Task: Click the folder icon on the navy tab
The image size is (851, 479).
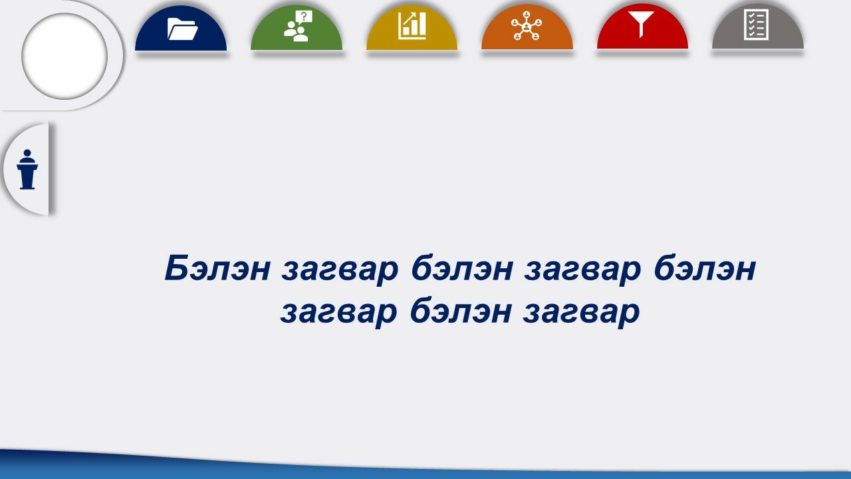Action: pos(182,29)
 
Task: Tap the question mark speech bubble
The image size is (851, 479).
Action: pos(304,17)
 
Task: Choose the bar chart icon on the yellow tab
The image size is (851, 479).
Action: pos(412,25)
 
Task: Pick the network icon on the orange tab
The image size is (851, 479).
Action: pos(527,26)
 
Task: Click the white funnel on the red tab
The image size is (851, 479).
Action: pos(641,24)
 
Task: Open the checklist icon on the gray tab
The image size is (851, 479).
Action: pos(756,25)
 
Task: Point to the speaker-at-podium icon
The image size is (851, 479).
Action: pos(27,169)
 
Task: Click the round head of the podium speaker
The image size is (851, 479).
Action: pos(27,153)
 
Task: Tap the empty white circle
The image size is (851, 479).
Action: pos(64,57)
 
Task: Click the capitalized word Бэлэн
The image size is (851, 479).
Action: pos(217,268)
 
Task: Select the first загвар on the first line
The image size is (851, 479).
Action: pos(340,271)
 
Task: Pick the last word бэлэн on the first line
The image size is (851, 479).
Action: pos(705,268)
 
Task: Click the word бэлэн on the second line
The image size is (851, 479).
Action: pos(461,311)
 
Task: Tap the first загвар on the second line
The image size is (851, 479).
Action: pos(338,313)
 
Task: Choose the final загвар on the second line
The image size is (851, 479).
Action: pos(581,313)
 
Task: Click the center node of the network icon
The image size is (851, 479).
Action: pos(527,27)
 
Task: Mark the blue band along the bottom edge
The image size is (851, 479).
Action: pos(425,467)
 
